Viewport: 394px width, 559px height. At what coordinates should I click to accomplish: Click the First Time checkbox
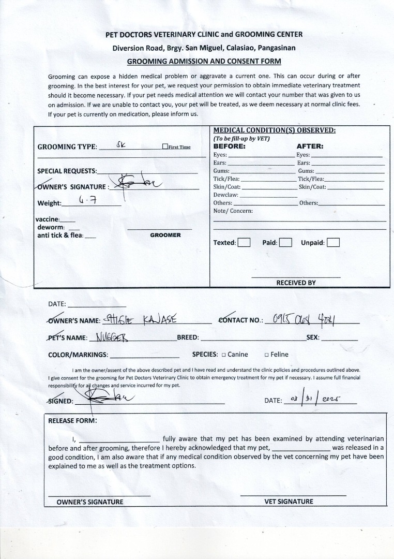coord(165,147)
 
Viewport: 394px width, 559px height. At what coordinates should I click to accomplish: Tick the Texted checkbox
coord(244,242)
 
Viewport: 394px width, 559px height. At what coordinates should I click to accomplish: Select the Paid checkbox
coord(285,242)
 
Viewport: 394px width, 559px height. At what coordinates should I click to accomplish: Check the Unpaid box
coord(333,242)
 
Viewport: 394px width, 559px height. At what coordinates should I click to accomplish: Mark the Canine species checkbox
coord(223,355)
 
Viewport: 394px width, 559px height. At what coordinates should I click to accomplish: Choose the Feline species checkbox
coord(266,355)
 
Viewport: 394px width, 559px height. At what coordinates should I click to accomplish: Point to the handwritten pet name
coord(112,337)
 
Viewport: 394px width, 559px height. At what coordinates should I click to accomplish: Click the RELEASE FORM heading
coord(72,420)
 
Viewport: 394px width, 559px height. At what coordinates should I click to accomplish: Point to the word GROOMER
coord(165,235)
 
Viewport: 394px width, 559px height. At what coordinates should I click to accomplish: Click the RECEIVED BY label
coord(296,283)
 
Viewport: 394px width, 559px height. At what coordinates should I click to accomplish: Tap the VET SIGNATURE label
coord(289,501)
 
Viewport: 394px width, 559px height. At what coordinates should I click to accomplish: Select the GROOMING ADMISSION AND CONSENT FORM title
coord(204,61)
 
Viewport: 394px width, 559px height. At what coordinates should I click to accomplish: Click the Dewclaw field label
coord(225,195)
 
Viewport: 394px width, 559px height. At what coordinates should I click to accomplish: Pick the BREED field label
coord(188,337)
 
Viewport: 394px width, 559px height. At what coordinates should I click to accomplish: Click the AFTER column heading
coord(310,146)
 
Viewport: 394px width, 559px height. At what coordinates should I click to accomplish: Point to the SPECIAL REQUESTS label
coord(67,171)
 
